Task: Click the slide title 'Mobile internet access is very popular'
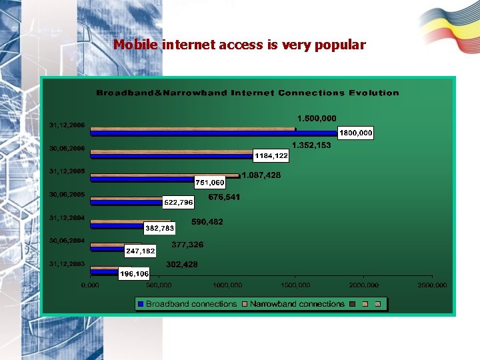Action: point(239,45)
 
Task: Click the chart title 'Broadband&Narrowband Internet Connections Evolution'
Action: point(248,93)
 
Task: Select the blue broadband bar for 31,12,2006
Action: point(213,133)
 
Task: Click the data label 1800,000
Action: point(356,133)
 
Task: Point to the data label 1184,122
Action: point(271,156)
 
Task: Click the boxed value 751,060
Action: point(210,182)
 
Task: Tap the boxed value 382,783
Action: point(160,228)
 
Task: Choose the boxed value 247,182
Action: point(141,251)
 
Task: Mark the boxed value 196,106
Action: point(134,274)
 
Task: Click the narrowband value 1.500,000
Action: point(317,119)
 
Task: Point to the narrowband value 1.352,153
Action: point(311,145)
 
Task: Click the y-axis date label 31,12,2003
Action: point(67,265)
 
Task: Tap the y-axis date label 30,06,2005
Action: point(67,195)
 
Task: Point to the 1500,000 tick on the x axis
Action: point(295,285)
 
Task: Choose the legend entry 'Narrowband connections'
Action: point(297,304)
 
